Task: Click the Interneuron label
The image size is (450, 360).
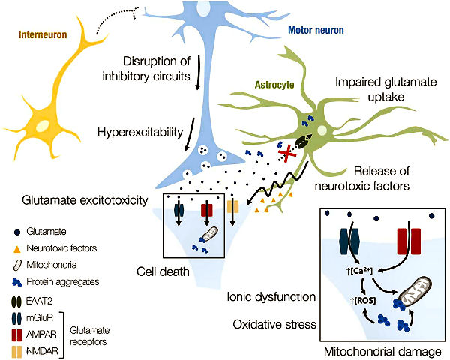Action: point(43,34)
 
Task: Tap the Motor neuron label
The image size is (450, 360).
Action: point(316,30)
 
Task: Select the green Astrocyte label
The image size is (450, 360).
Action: point(274,85)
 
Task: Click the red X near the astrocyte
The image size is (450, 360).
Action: point(287,154)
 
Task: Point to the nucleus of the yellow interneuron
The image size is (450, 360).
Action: point(43,125)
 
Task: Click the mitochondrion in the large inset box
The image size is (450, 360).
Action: point(415,292)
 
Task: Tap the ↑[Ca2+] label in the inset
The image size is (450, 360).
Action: point(359,271)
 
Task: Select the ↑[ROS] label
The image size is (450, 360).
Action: point(363,301)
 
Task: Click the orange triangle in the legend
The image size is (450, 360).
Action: point(17,248)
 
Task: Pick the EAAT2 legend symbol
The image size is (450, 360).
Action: point(16,301)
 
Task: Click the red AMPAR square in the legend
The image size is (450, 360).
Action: point(16,335)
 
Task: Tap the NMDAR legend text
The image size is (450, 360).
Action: point(42,351)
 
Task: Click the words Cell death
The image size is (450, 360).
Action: point(163,271)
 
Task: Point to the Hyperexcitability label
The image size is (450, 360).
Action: point(140,132)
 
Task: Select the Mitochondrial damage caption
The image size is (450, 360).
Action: point(382,351)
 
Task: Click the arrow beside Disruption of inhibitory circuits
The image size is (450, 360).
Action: point(198,73)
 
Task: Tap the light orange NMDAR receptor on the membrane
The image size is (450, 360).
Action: point(232,207)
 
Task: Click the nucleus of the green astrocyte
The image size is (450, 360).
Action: point(322,130)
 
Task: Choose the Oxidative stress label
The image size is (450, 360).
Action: point(274,324)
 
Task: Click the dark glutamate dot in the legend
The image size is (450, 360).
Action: point(17,232)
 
